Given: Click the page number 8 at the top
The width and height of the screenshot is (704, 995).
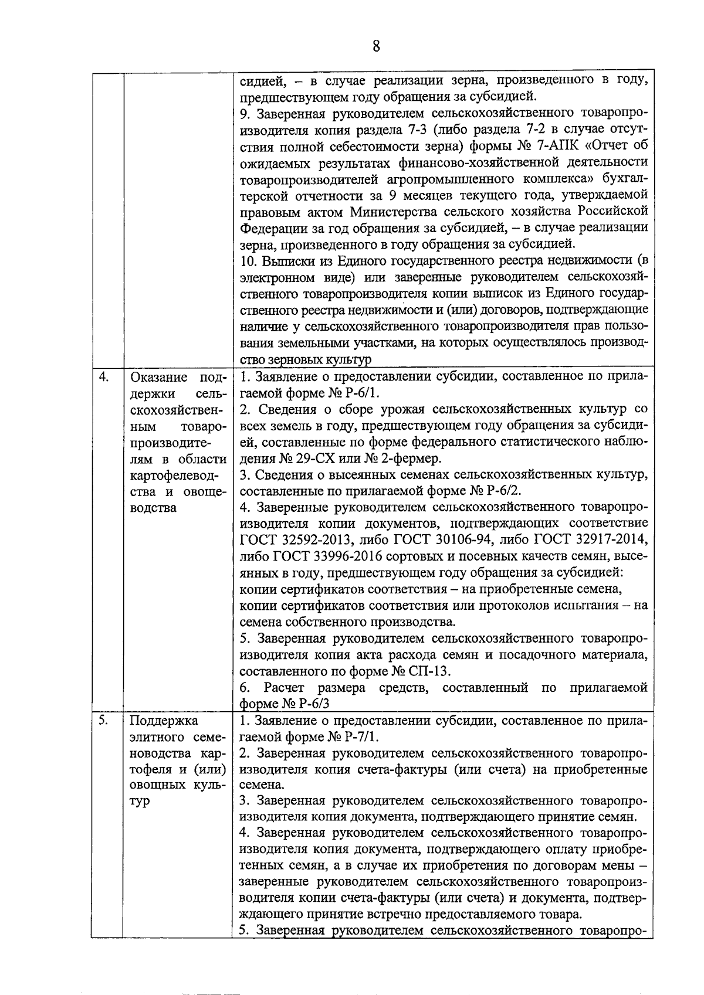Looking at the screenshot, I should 376,46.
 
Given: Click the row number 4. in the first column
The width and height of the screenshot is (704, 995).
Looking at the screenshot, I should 104,377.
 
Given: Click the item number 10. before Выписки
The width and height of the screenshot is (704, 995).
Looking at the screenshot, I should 250,260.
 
